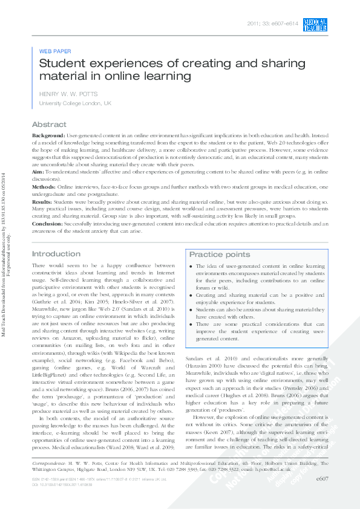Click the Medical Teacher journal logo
point(316,24)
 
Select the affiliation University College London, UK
point(74,104)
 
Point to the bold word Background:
point(48,136)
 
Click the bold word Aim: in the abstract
point(38,172)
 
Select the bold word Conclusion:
point(49,224)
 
